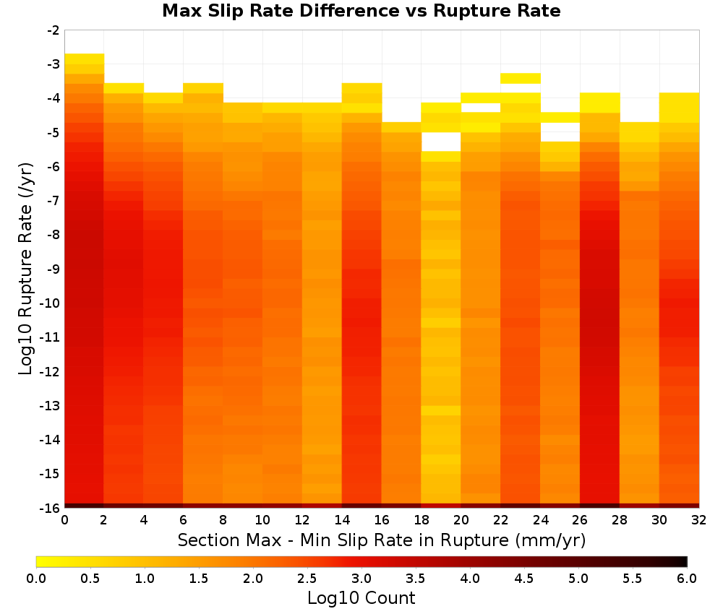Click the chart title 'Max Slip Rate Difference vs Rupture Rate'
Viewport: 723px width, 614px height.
361,11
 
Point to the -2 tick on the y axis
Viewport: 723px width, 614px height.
54,30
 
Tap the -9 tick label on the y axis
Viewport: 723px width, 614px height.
54,269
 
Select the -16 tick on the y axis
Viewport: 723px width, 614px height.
51,508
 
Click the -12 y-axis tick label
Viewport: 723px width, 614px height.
51,371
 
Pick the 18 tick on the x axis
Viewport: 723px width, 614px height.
422,520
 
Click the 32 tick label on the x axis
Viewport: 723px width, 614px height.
699,520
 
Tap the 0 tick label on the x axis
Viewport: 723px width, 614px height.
64,520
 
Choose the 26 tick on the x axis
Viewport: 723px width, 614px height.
580,520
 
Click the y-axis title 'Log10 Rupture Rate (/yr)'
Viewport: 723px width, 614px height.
25,269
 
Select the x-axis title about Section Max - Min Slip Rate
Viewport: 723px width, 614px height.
382,540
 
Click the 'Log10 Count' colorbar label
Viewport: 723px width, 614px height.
361,598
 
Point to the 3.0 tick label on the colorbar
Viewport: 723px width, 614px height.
361,579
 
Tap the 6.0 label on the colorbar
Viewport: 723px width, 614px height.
687,579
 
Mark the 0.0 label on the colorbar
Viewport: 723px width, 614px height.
36,579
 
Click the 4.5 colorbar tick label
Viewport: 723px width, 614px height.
523,579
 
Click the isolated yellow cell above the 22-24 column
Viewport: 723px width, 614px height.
520,78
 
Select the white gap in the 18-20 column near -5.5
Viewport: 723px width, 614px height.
441,142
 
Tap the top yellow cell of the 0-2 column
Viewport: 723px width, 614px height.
85,59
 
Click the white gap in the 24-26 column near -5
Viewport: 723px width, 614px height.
560,132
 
